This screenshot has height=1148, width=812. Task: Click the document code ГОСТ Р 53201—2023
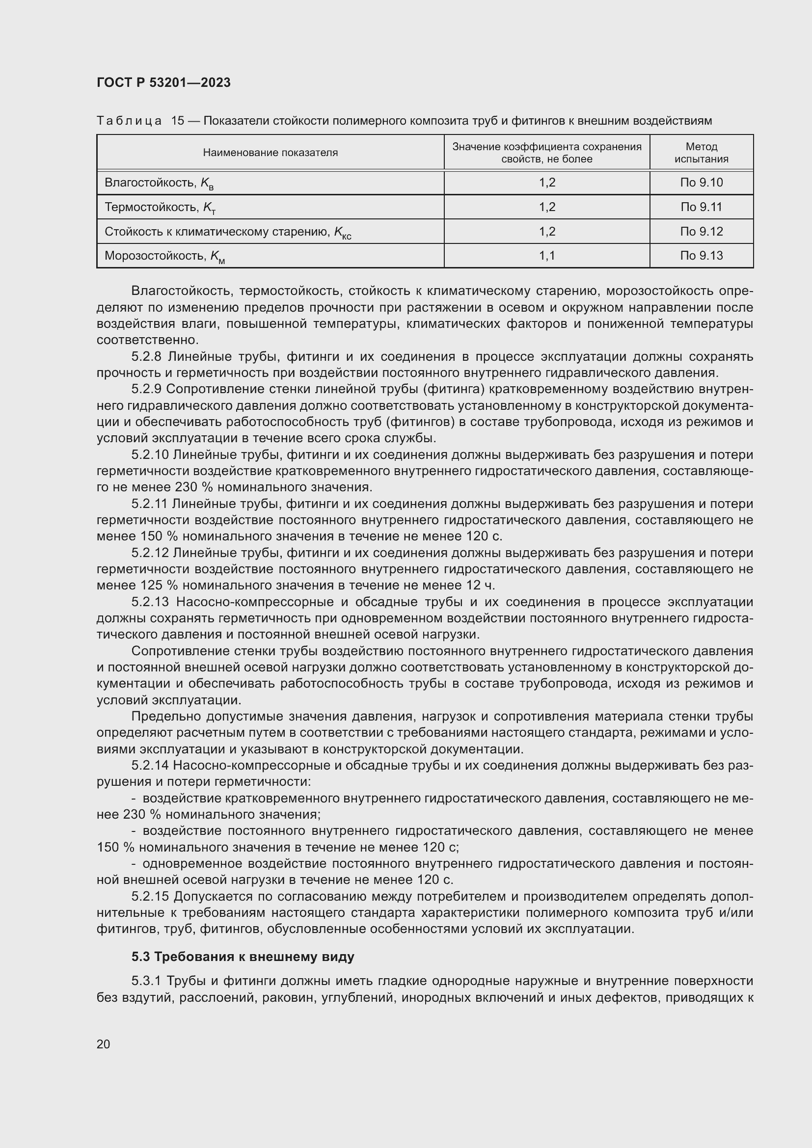(x=163, y=82)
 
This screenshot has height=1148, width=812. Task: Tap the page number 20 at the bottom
(x=103, y=1044)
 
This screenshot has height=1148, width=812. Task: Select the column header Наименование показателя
(x=270, y=153)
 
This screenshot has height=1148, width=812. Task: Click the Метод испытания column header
(x=701, y=153)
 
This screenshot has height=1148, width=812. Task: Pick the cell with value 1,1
(x=546, y=256)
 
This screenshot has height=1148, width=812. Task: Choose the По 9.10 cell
(x=701, y=183)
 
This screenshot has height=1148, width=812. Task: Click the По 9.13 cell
(x=701, y=256)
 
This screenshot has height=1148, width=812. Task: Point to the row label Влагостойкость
(x=150, y=183)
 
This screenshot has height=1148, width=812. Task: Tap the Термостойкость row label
(x=152, y=207)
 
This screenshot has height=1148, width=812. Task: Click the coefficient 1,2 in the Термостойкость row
(x=546, y=207)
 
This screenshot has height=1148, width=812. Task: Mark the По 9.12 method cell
(x=701, y=231)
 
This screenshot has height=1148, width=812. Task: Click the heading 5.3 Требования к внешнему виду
(x=243, y=957)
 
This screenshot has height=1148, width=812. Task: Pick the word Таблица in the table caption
(x=129, y=121)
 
